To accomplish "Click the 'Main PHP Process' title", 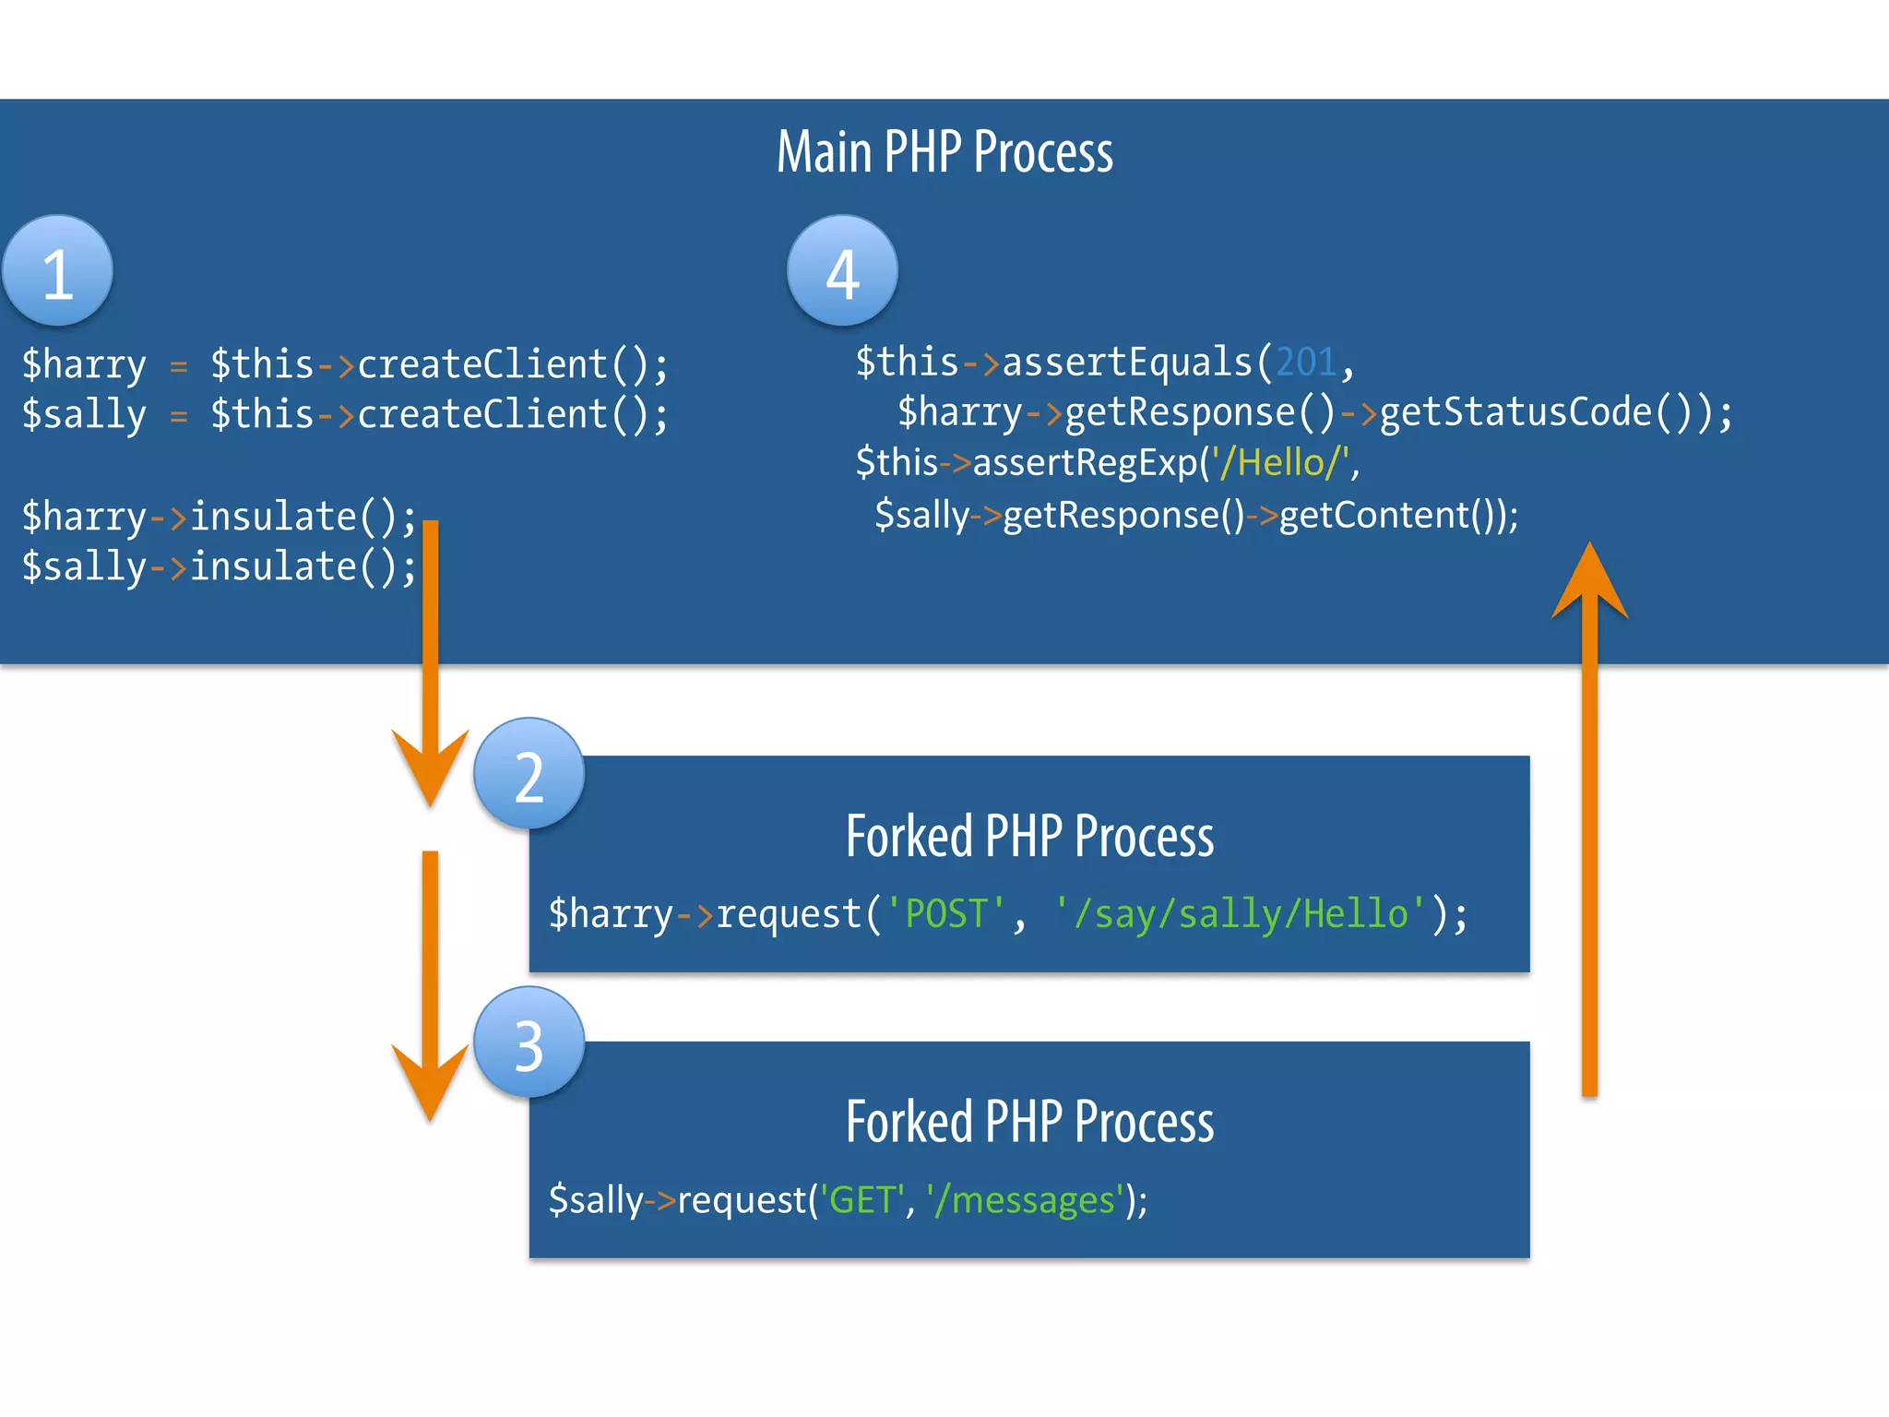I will pyautogui.click(x=944, y=152).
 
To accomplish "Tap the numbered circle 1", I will pyautogui.click(x=57, y=271).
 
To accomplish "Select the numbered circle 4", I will pyautogui.click(x=842, y=271).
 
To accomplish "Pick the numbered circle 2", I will pyautogui.click(x=529, y=774).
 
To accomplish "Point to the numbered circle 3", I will pyautogui.click(x=529, y=1043).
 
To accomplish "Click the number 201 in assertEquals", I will pyautogui.click(x=1306, y=363).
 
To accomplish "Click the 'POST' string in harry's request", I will pyautogui.click(x=945, y=914).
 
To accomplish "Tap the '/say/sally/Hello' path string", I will pyautogui.click(x=1241, y=914).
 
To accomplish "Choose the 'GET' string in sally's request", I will pyautogui.click(x=861, y=1200).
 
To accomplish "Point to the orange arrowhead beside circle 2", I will pyautogui.click(x=430, y=766).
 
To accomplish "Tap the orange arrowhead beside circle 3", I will pyautogui.click(x=430, y=1079).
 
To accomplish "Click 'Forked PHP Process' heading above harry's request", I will pyautogui.click(x=1029, y=837).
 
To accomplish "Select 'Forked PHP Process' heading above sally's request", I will pyautogui.click(x=1029, y=1122).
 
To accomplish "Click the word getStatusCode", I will pyautogui.click(x=1515, y=412).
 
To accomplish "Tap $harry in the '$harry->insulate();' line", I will pyautogui.click(x=84, y=518).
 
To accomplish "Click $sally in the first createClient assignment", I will pyautogui.click(x=84, y=415).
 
